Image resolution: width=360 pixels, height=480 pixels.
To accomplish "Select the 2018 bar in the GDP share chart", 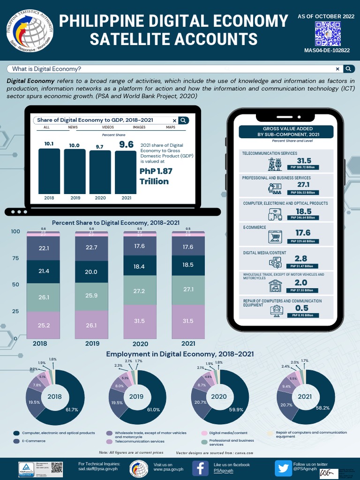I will coord(49,171).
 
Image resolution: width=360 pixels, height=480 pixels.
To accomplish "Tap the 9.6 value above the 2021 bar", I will coord(127,145).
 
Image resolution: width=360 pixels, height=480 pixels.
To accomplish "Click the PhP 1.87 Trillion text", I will coord(156,176).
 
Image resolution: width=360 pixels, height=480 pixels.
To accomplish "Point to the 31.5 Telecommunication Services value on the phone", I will coord(304,161).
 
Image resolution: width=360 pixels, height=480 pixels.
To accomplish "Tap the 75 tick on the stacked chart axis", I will coord(15,258).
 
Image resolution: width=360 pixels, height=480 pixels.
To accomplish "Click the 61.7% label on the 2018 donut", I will coord(71,410).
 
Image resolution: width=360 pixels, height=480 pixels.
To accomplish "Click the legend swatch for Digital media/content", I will coord(204,433).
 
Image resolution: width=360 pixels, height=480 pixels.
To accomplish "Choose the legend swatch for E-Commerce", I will coord(16,441).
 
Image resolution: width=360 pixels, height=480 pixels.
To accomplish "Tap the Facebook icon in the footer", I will coord(200,467).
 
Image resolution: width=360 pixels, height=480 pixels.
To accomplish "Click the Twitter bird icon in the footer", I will coord(283,467).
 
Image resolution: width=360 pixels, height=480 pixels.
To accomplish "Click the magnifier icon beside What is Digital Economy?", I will coord(348,69).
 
